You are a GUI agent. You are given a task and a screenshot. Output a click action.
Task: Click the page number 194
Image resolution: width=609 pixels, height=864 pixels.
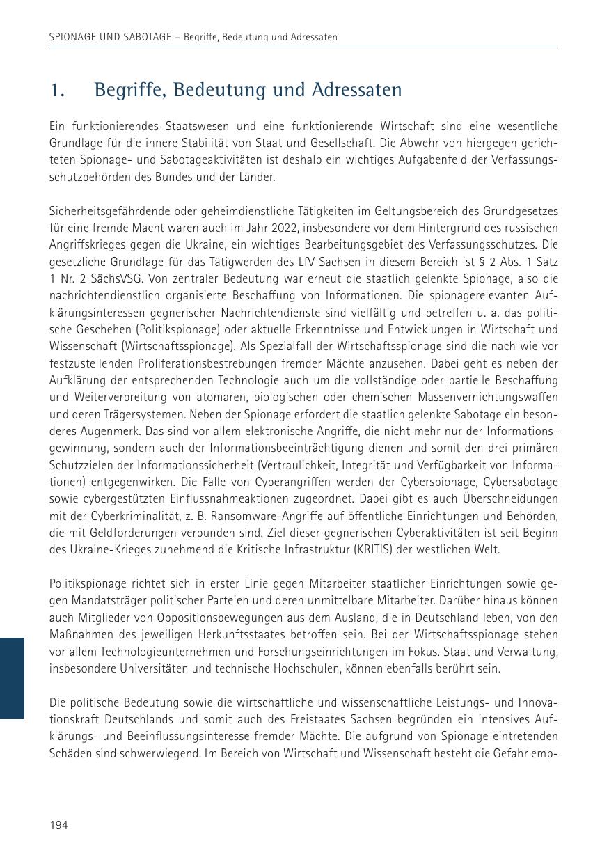click(58, 825)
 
